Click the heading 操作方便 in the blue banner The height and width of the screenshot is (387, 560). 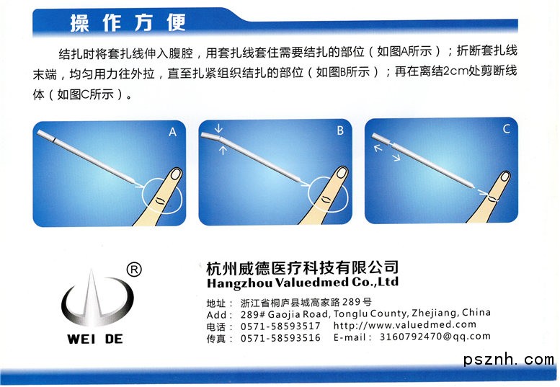(x=128, y=23)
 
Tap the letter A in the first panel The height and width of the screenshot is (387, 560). (x=172, y=133)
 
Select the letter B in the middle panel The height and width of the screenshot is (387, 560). (x=340, y=130)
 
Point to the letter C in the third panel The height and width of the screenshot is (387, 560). (x=506, y=128)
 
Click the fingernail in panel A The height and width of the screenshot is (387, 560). (x=176, y=174)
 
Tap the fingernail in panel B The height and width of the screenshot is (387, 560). (x=342, y=172)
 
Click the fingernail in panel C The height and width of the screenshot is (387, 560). (x=505, y=176)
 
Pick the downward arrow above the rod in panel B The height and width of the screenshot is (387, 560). (x=218, y=128)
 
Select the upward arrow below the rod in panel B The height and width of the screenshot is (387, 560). (x=223, y=150)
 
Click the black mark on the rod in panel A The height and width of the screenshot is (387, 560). (x=53, y=140)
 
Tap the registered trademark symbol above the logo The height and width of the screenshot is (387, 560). (x=134, y=270)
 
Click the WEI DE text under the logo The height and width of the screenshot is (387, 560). (x=95, y=339)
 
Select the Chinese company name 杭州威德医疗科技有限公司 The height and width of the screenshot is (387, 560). (x=302, y=268)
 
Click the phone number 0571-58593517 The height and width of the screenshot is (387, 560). (x=280, y=326)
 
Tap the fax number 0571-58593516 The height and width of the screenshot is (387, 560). (x=280, y=337)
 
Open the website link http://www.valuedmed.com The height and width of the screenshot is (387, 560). (x=404, y=324)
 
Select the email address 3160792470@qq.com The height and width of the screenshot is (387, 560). (x=435, y=337)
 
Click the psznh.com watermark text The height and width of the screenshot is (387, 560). (x=509, y=359)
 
